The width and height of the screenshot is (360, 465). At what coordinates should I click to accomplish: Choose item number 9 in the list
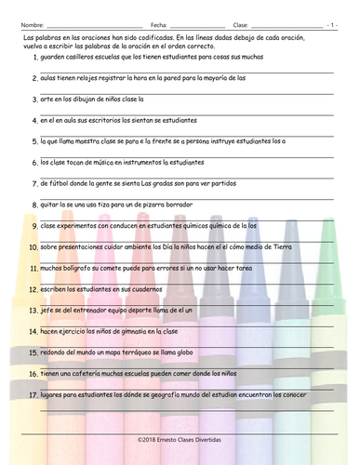tap(34, 226)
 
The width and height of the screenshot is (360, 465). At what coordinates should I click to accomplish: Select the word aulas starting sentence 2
tap(49, 78)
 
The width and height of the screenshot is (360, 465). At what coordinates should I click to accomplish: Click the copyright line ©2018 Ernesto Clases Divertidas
tap(180, 434)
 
